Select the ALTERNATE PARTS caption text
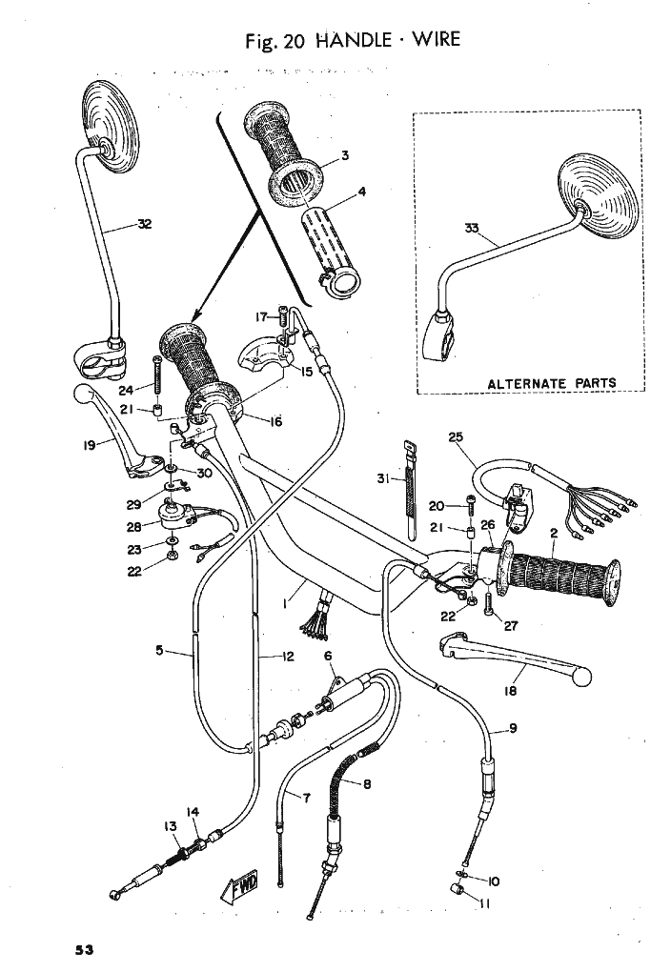tap(552, 382)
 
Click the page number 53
tap(84, 949)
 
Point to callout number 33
tap(472, 228)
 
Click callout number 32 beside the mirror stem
tap(145, 224)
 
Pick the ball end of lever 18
tap(581, 677)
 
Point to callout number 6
tap(328, 656)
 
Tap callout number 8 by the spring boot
tap(367, 784)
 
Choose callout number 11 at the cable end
tap(485, 903)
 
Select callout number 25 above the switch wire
tap(456, 437)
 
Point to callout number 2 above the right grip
tap(554, 533)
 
